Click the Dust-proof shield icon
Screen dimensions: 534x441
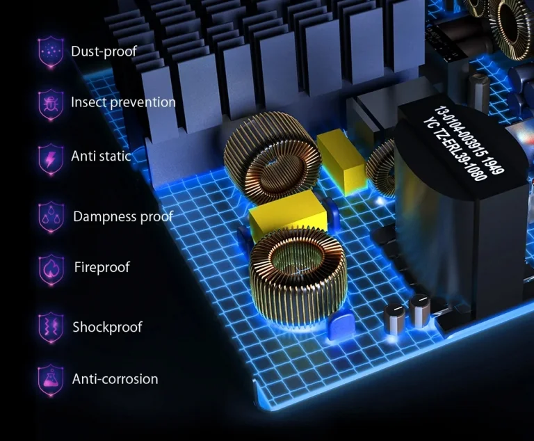coord(51,51)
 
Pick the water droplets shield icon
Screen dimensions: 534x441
coord(51,217)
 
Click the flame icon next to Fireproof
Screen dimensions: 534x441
coord(51,269)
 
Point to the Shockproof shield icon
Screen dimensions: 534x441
coord(51,326)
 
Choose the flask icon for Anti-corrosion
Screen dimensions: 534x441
coord(51,380)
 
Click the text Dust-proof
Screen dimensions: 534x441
coord(104,51)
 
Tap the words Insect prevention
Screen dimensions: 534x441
coord(123,102)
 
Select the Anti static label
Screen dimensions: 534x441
coord(101,156)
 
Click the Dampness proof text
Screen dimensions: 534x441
coord(123,217)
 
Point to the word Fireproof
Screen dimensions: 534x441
coord(102,267)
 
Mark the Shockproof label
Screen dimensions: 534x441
coord(107,327)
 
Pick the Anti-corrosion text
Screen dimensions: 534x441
coord(115,379)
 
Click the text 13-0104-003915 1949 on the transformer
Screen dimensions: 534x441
coord(469,139)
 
